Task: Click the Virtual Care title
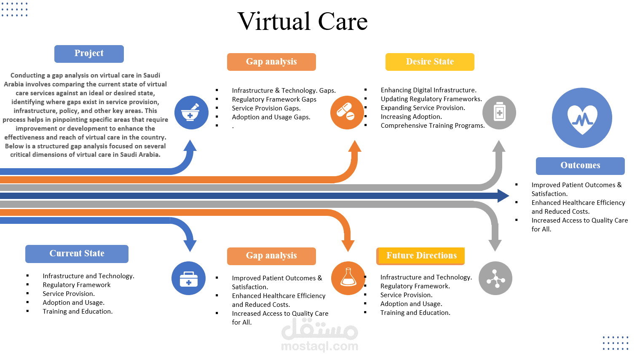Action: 303,21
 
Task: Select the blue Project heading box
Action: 89,54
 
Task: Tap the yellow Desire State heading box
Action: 430,62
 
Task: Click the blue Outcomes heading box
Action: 580,166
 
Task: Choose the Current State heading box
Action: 77,254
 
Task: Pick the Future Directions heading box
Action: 421,256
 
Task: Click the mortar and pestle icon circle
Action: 191,113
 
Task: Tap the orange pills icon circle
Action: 347,113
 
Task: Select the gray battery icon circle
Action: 499,113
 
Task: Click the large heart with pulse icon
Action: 582,118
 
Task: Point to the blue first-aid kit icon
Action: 188,278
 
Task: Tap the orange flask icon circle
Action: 348,278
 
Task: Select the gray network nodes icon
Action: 495,278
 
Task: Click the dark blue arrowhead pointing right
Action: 503,196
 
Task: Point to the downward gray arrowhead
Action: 495,245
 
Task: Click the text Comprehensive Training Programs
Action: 432,126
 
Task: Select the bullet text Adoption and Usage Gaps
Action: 271,117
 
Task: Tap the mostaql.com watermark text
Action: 319,346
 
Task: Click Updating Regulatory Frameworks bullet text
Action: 431,99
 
